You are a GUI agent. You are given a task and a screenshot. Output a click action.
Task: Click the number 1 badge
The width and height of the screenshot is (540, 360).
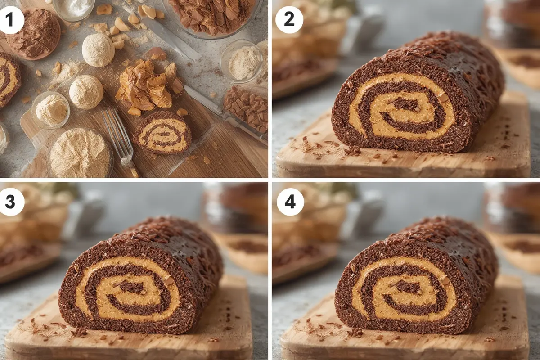pos(10,20)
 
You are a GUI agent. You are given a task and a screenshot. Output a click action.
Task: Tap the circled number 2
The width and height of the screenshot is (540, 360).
pos(289,20)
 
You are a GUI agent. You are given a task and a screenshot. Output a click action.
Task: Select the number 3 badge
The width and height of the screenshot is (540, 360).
pos(10,202)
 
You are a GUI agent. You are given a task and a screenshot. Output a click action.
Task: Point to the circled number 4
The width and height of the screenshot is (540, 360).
pos(289,202)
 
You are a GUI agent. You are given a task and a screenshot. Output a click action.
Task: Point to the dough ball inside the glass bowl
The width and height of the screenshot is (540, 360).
pos(51,109)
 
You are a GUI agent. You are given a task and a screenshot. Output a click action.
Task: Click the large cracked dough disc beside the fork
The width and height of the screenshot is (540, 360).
pos(80,153)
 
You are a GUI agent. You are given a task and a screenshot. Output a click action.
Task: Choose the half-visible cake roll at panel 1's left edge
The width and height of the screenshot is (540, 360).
pos(9,80)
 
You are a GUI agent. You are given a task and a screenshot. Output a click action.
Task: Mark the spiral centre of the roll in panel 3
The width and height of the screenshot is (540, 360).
pos(131,288)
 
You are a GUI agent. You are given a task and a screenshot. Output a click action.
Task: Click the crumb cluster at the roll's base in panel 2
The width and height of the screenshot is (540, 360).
pos(352,151)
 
